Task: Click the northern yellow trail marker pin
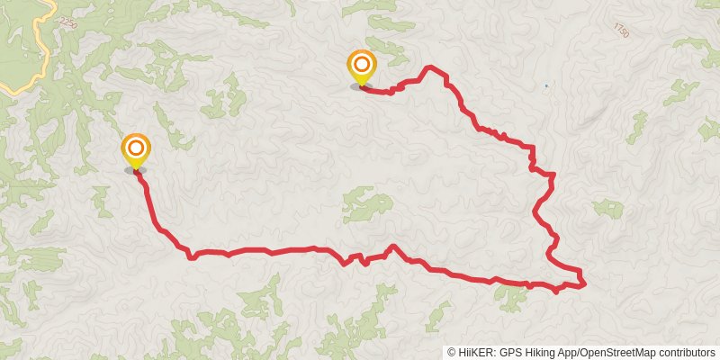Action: click(361, 67)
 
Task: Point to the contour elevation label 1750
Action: click(620, 31)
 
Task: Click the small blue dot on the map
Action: click(545, 86)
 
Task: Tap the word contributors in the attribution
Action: click(685, 353)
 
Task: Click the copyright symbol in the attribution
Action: click(452, 353)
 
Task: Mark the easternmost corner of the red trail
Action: click(585, 283)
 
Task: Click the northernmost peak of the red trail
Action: click(432, 67)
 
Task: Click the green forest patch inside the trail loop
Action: click(367, 205)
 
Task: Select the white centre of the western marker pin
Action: click(135, 146)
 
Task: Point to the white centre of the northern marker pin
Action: click(361, 63)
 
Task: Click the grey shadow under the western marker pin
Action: click(135, 169)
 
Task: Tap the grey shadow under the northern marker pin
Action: click(361, 87)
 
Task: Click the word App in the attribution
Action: click(568, 353)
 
